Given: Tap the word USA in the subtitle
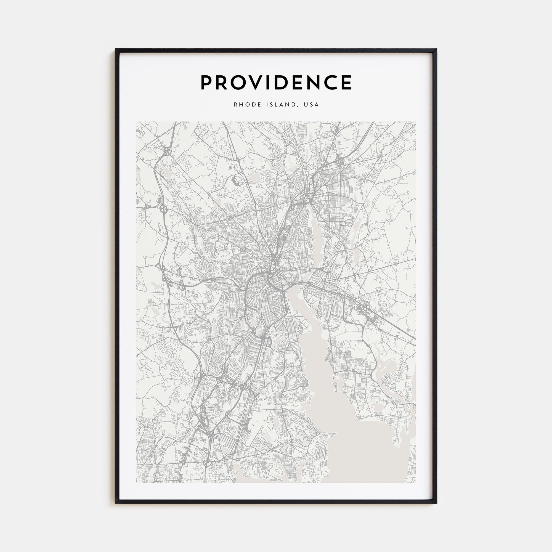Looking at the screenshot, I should coord(311,105).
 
